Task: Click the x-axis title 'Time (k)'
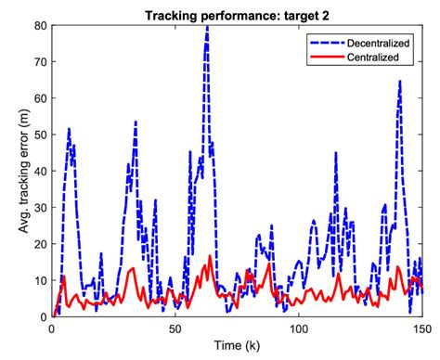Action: pyautogui.click(x=236, y=346)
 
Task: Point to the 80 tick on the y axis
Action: pyautogui.click(x=39, y=24)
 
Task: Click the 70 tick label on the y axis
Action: pyautogui.click(x=39, y=60)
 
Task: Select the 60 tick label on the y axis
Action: pyautogui.click(x=39, y=97)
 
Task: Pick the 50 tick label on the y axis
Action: pyautogui.click(x=39, y=134)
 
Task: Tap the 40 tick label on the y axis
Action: pyautogui.click(x=39, y=171)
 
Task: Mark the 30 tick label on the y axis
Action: pyautogui.click(x=39, y=207)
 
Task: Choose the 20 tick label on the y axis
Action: pyautogui.click(x=39, y=244)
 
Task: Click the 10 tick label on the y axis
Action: pyautogui.click(x=39, y=280)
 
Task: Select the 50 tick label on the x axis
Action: pyautogui.click(x=175, y=328)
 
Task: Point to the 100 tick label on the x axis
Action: pyautogui.click(x=298, y=328)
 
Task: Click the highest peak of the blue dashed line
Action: pyautogui.click(x=207, y=26)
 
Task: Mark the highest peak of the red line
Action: pyautogui.click(x=210, y=256)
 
